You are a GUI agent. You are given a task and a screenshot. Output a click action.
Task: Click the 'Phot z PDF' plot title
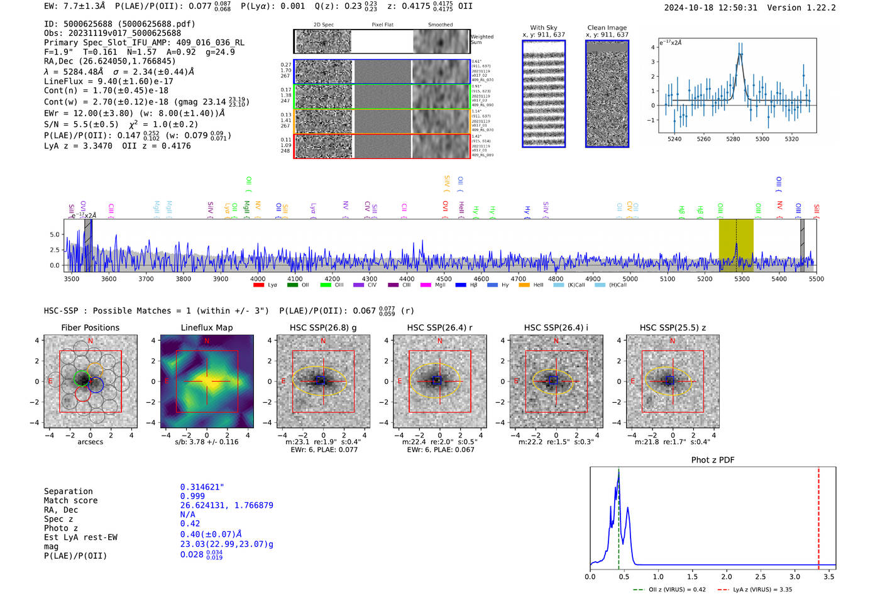[713, 460]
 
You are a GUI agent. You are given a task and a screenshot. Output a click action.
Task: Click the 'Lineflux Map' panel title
[207, 327]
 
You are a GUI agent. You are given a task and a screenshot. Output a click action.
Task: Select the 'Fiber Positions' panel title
[90, 327]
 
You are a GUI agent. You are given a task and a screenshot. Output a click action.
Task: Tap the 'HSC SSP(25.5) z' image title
[673, 327]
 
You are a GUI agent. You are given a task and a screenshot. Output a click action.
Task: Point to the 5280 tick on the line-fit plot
[733, 139]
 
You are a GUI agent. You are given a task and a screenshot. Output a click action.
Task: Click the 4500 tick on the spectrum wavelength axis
[444, 279]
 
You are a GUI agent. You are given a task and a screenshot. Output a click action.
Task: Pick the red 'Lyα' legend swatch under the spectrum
[258, 285]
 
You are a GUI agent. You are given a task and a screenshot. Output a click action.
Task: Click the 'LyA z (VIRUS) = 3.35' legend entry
[762, 590]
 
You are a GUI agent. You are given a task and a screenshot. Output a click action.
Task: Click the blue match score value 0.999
[192, 496]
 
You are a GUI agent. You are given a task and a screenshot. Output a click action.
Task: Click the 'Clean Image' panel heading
[607, 28]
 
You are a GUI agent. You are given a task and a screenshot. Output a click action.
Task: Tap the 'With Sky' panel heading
[543, 28]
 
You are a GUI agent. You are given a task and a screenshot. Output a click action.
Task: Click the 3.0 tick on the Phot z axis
[795, 576]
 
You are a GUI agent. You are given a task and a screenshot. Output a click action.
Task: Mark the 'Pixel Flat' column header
[382, 25]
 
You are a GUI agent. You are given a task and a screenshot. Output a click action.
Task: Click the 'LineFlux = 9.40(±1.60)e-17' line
[108, 81]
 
